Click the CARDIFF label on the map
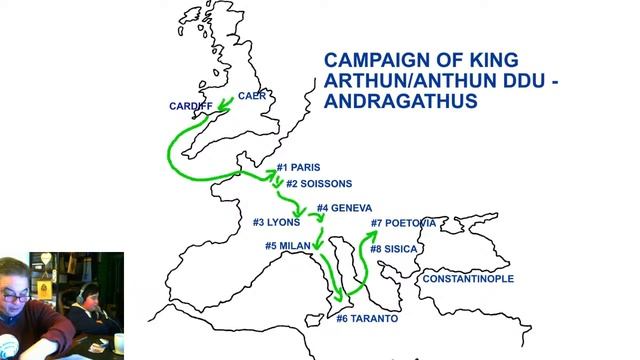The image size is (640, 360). click(191, 105)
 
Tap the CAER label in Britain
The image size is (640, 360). click(251, 96)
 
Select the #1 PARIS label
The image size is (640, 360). click(299, 167)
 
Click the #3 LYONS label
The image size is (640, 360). click(276, 222)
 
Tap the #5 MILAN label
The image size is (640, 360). click(288, 245)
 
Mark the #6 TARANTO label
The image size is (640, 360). click(367, 318)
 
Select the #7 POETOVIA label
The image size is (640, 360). click(403, 222)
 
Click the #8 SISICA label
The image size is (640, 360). click(393, 248)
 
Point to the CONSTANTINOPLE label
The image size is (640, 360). click(468, 279)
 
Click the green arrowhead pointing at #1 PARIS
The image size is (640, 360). click(272, 173)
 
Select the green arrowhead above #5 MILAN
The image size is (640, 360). click(316, 243)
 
